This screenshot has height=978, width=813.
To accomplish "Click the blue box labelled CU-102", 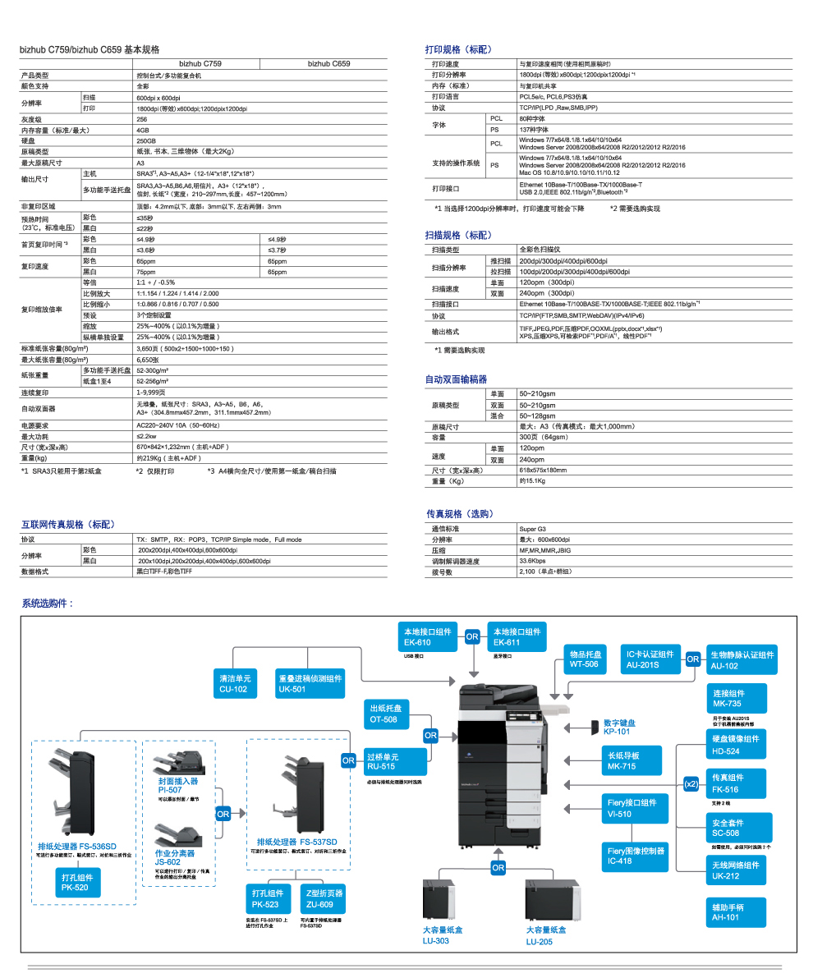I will pyautogui.click(x=233, y=683).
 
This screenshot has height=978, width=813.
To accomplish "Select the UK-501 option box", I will pyautogui.click(x=310, y=683).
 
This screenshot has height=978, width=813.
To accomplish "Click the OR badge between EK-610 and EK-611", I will pyautogui.click(x=472, y=636).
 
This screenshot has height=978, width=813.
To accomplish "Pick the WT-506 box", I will pyautogui.click(x=585, y=659).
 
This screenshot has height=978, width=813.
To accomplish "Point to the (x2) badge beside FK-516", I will pyautogui.click(x=691, y=784).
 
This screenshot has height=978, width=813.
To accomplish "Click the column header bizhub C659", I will pyautogui.click(x=328, y=63).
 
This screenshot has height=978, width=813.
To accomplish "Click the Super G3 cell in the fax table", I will pyautogui.click(x=533, y=529).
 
